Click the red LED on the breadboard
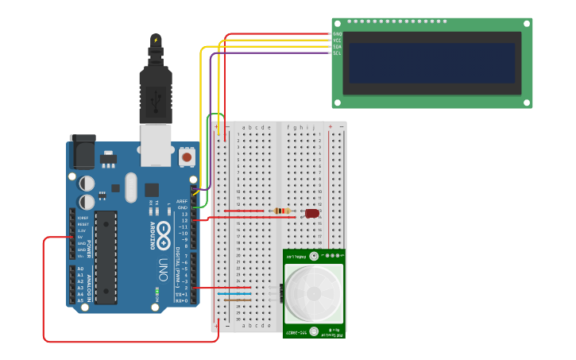(312, 213)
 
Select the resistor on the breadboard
(280, 211)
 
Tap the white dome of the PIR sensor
(314, 293)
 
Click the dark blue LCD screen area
(431, 63)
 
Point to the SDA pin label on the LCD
(337, 47)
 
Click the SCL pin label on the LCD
(337, 53)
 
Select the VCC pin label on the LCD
(337, 41)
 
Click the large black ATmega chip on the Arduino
(106, 256)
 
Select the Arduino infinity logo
(164, 232)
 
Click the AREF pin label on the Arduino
(182, 202)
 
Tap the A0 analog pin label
(80, 269)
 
